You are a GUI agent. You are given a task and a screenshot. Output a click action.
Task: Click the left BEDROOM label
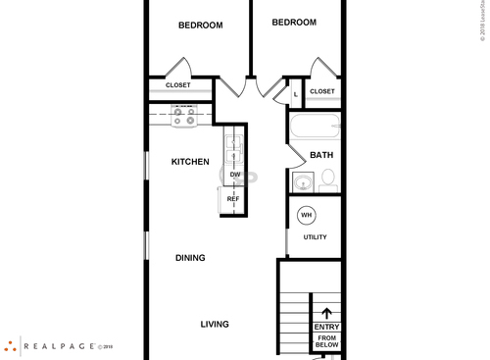[x=200, y=26]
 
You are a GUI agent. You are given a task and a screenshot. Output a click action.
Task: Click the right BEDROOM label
[x=294, y=23]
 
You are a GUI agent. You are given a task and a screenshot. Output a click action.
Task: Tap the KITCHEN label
[x=190, y=162]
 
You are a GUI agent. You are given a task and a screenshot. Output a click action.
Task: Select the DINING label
[x=190, y=259]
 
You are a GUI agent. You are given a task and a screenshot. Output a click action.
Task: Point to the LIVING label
[x=215, y=325]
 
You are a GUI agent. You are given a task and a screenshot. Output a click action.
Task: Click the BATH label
[x=321, y=155]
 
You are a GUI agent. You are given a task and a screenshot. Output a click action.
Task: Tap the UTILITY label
[x=315, y=236]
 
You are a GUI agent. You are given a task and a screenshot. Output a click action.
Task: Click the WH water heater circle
[x=306, y=215]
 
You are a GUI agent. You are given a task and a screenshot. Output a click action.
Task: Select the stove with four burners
[x=183, y=116]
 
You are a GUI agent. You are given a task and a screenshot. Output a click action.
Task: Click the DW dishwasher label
[x=235, y=176]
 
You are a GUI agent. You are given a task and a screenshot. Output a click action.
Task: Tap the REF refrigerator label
[x=233, y=199]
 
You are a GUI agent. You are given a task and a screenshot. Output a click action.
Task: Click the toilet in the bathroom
[x=328, y=180]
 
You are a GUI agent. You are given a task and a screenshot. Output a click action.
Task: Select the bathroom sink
[x=303, y=181]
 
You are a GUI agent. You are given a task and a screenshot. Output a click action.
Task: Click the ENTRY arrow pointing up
[x=326, y=314]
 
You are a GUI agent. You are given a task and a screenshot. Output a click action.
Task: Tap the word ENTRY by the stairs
[x=326, y=328]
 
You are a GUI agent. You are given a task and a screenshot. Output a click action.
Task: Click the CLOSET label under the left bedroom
[x=178, y=85]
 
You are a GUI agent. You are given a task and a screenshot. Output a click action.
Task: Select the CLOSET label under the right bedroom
[x=321, y=91]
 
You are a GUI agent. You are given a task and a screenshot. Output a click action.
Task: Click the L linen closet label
[x=295, y=94]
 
